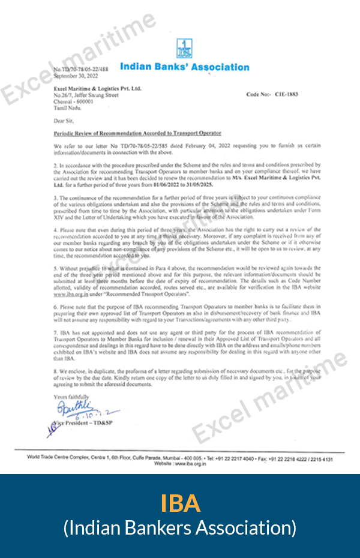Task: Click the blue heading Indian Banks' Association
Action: (x=185, y=67)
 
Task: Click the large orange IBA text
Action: (x=180, y=503)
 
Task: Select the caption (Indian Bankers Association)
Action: (x=180, y=528)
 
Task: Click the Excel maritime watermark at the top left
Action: (x=78, y=57)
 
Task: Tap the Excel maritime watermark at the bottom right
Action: (x=269, y=396)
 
